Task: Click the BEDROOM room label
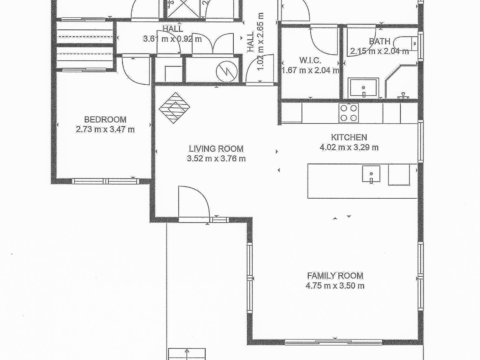105,120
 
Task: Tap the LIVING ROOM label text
216,149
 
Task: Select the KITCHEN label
349,137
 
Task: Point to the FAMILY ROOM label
335,276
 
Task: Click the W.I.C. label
310,60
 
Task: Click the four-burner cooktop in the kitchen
349,113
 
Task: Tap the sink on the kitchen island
371,174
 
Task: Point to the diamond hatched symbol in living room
174,108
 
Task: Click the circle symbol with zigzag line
226,71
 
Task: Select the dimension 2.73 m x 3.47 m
105,129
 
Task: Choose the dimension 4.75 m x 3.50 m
335,286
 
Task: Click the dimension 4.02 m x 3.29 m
349,147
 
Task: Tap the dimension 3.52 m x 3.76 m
216,158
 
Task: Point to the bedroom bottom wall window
105,181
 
